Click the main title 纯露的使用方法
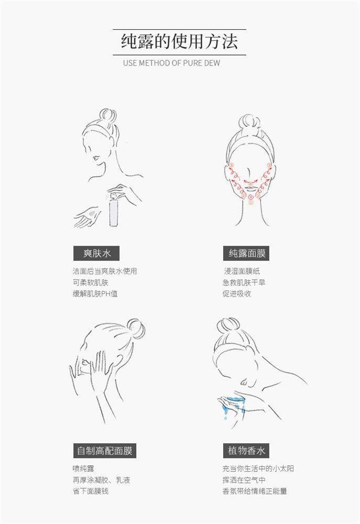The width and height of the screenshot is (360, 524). click(x=179, y=42)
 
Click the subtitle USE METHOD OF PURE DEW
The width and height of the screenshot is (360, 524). click(x=171, y=63)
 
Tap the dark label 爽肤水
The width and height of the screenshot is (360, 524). click(x=96, y=253)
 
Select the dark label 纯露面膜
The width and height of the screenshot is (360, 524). click(x=246, y=253)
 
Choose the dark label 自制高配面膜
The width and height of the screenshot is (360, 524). click(x=105, y=451)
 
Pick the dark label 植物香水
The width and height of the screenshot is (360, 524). click(x=246, y=451)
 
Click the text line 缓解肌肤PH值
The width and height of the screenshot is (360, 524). click(x=95, y=294)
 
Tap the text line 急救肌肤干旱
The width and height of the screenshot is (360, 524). click(x=244, y=283)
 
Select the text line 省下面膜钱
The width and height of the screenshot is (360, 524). click(x=91, y=492)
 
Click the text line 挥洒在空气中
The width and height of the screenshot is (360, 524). click(x=244, y=480)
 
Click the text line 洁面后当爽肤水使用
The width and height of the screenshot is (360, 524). click(x=105, y=271)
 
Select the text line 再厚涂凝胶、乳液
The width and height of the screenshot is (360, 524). click(x=101, y=480)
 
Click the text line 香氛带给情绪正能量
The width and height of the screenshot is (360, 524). click(x=255, y=492)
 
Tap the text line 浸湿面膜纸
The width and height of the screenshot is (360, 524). click(x=242, y=271)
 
